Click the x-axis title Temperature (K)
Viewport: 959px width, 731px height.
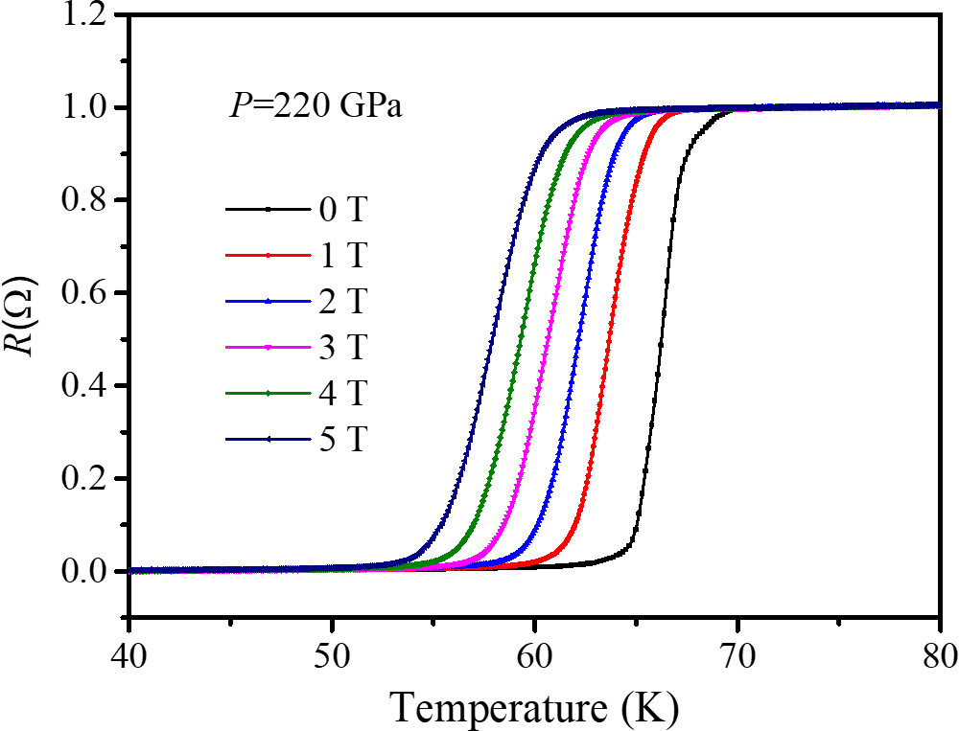[533, 706]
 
